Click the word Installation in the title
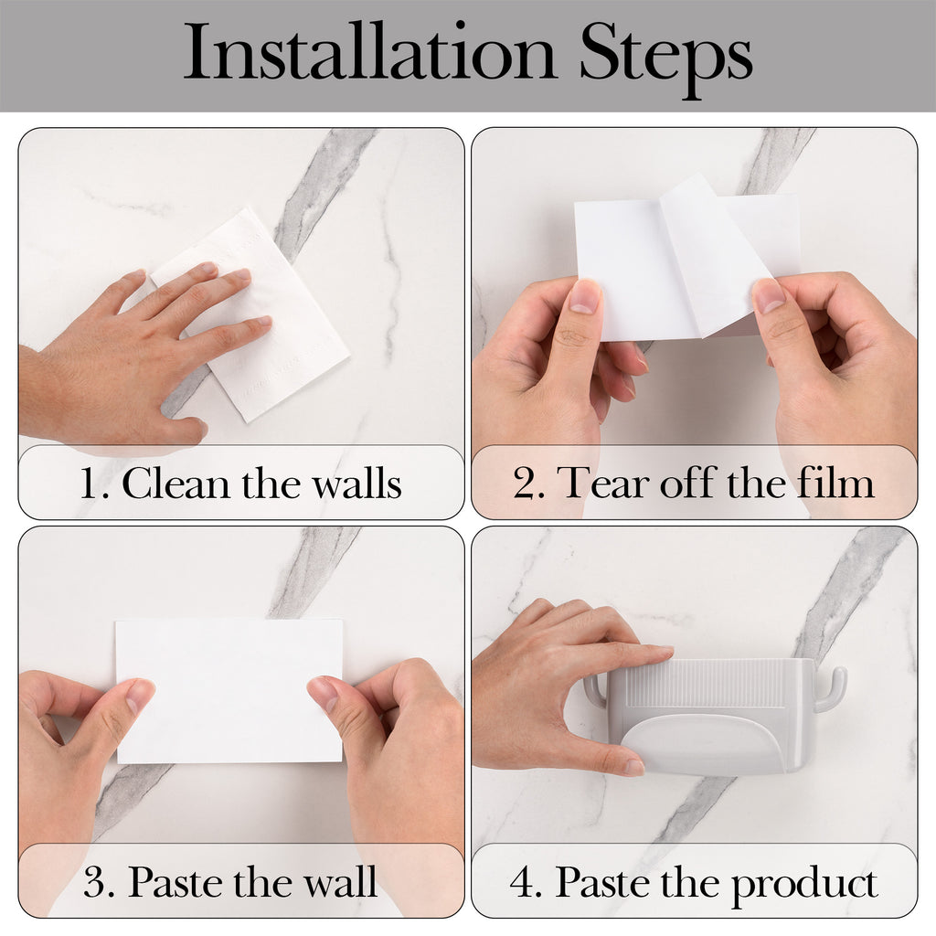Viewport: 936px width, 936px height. [369, 51]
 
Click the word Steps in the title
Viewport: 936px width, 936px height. [665, 58]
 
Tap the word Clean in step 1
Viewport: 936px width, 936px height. [176, 483]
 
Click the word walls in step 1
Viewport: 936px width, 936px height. [357, 483]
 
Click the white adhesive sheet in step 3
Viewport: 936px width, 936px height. [229, 691]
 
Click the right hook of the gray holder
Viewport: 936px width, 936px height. [831, 684]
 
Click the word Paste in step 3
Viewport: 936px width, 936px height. [175, 881]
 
